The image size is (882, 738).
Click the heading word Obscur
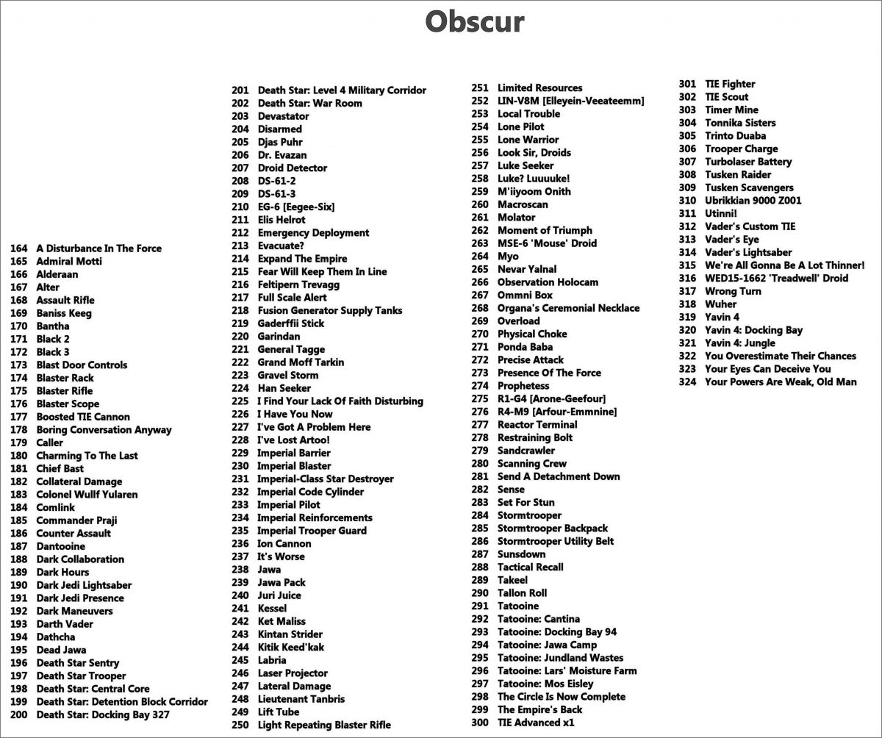[x=475, y=22]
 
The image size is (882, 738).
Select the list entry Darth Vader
[x=65, y=624]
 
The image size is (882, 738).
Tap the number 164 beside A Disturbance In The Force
[x=18, y=248]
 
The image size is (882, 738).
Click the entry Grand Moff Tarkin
[x=301, y=362]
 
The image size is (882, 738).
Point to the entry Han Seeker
[x=284, y=388]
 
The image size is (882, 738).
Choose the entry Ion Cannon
[x=284, y=544]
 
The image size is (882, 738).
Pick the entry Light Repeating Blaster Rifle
[x=324, y=725]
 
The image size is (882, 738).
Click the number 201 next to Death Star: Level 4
[x=240, y=90]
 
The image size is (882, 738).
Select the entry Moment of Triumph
[x=545, y=230]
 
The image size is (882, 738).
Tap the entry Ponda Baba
[x=525, y=347]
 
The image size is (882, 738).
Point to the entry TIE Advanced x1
[x=536, y=723]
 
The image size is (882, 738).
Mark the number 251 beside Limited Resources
[x=480, y=88]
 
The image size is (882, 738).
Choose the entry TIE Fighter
[x=730, y=84]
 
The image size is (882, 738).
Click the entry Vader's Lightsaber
[x=748, y=252]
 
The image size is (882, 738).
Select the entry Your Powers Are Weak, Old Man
[x=781, y=381]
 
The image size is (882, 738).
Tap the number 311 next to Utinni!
[x=687, y=213]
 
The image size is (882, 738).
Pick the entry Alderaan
[x=57, y=274]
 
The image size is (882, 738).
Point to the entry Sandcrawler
[x=526, y=451]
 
